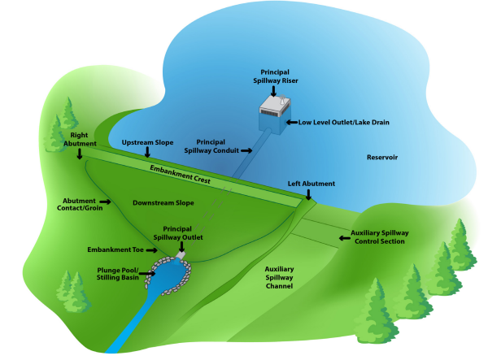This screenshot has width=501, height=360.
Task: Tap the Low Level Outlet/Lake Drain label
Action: pyautogui.click(x=343, y=122)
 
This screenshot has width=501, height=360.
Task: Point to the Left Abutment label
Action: pyautogui.click(x=311, y=184)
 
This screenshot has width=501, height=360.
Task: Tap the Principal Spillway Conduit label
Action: pyautogui.click(x=216, y=146)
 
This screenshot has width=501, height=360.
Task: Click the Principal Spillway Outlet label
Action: pyautogui.click(x=182, y=233)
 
